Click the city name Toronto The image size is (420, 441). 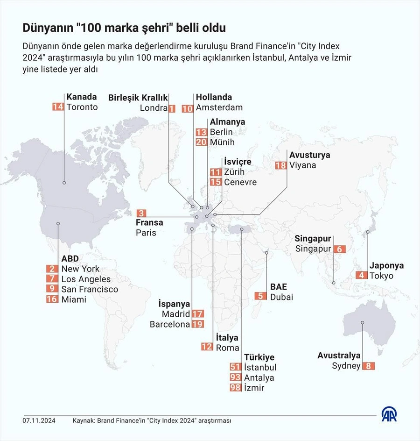point(82,107)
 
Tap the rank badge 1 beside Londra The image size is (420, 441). point(172,108)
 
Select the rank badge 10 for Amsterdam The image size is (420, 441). point(188,108)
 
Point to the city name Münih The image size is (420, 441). point(222,142)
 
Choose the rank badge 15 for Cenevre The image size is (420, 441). point(216,182)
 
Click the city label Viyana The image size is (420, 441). point(302,165)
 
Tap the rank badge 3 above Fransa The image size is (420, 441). point(141,213)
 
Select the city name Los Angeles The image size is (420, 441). point(86,279)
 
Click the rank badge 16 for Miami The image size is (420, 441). point(52,299)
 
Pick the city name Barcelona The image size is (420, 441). point(170,324)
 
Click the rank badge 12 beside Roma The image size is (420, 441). point(207,347)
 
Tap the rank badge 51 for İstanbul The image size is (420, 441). point(236,368)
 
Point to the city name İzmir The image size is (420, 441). point(254,388)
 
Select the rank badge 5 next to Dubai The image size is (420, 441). point(261,296)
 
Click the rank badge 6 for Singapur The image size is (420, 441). point(340,249)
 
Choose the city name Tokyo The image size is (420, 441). point(381,276)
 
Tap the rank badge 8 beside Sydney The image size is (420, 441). point(368,366)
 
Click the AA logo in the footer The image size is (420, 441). point(389,414)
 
